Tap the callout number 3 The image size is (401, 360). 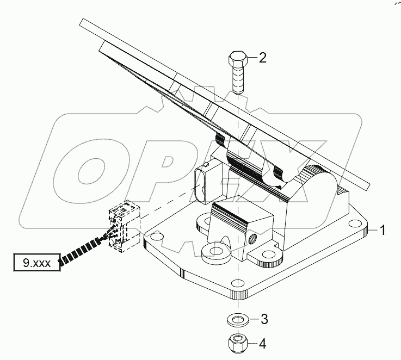click(263, 318)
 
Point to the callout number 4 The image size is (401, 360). click(263, 344)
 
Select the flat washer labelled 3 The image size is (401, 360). click(237, 318)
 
